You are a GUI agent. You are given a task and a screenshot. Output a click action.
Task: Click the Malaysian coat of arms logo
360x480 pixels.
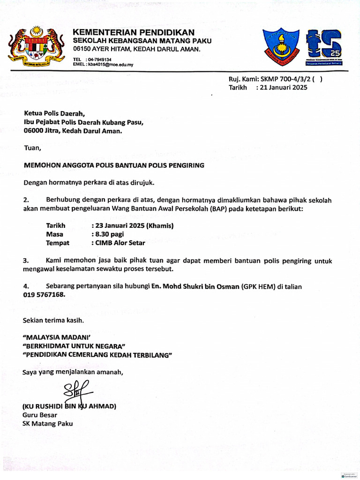[x=36, y=46]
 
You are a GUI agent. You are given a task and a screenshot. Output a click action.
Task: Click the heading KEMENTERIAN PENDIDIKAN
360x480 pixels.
[x=133, y=32]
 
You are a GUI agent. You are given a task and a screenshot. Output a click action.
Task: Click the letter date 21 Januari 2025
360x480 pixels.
[x=283, y=87]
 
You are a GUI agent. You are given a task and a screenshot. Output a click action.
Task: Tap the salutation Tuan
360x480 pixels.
[x=32, y=148]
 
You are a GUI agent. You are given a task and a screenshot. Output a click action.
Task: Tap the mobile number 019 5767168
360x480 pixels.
[x=44, y=295]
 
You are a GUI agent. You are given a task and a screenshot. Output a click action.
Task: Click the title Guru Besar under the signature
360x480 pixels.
[x=40, y=415]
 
